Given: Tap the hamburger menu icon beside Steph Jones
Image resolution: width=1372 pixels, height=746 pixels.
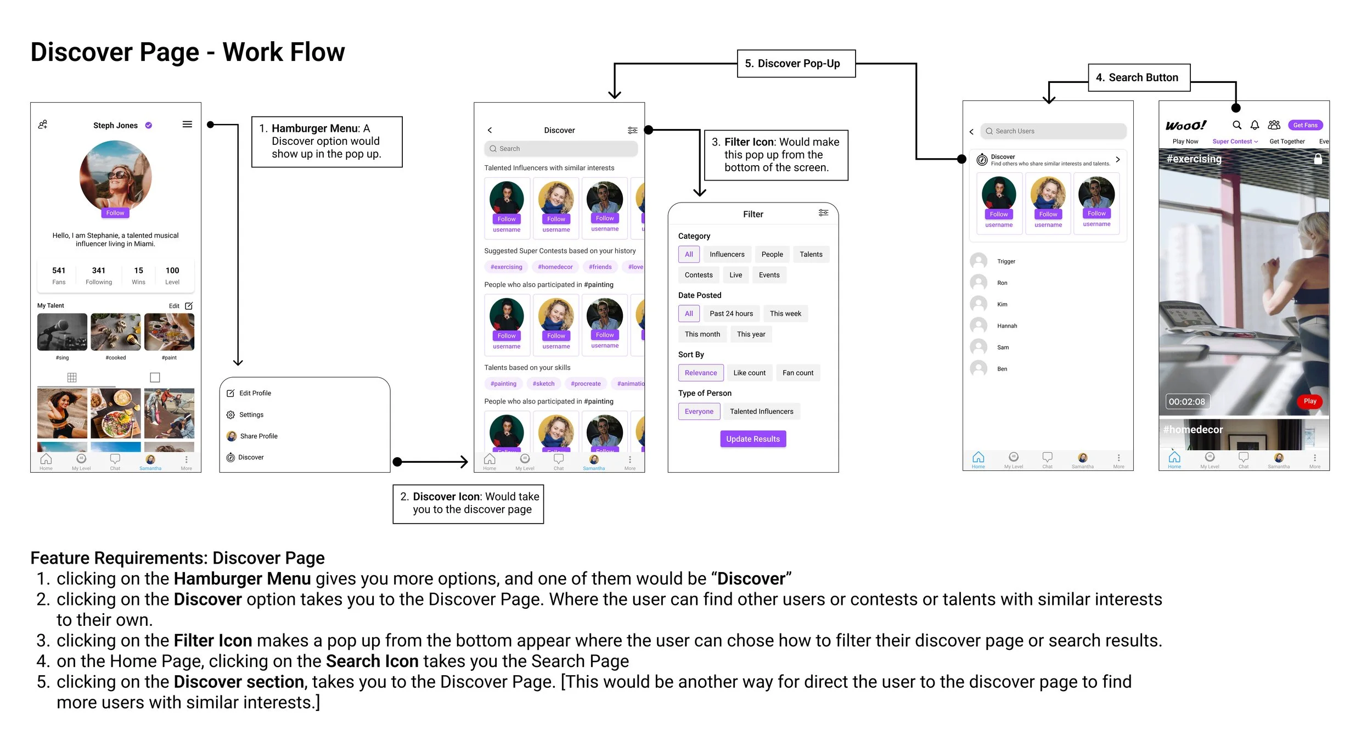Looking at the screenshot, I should click(x=187, y=125).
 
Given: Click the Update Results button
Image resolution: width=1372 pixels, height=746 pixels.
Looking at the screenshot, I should click(x=752, y=439).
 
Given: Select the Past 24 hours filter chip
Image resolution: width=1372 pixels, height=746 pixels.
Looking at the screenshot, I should click(x=731, y=314).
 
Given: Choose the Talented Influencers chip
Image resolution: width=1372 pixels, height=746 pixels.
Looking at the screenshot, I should click(x=761, y=412).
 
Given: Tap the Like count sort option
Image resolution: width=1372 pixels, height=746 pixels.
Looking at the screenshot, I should click(x=749, y=373).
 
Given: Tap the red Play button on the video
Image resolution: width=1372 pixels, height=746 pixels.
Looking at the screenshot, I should click(x=1309, y=401).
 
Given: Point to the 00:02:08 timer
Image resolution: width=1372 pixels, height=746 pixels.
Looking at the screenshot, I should click(x=1187, y=402).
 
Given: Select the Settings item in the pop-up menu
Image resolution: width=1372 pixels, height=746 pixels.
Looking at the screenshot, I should click(x=251, y=415).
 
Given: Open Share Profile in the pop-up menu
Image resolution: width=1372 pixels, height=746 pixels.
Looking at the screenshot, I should click(x=258, y=436).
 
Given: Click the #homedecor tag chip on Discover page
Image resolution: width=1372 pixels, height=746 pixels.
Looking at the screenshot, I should click(x=555, y=267).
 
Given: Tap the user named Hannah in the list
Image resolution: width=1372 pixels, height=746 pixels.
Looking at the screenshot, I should click(x=1006, y=326).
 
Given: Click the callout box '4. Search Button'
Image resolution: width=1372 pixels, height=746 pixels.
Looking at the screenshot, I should click(x=1139, y=78).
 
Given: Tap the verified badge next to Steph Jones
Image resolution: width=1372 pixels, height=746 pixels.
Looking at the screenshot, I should click(x=149, y=126).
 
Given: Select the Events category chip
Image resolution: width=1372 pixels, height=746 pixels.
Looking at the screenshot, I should click(x=769, y=275).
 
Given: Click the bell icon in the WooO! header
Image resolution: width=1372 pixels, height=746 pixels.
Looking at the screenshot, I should click(x=1255, y=125).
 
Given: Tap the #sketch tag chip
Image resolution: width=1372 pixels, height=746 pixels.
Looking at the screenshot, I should click(x=543, y=384).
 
